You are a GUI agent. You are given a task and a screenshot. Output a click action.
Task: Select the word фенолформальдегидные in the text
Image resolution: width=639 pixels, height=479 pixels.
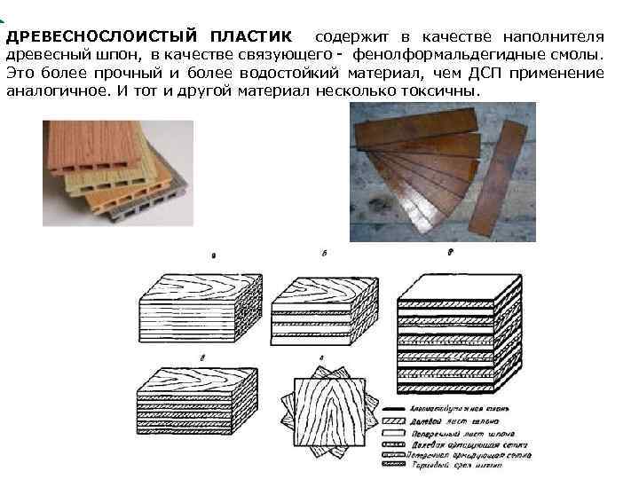point(445,55)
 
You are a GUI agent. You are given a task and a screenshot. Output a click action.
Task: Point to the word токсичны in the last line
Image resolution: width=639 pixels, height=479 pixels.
point(443,91)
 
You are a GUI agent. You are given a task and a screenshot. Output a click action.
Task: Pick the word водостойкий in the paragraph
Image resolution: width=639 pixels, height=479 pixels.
point(290,73)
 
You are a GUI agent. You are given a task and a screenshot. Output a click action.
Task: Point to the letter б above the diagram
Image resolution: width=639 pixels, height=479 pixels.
point(325,254)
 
